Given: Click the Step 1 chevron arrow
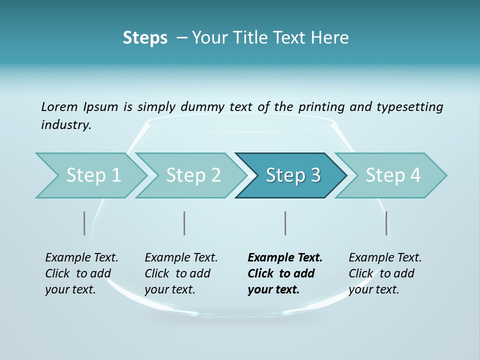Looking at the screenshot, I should [x=92, y=175].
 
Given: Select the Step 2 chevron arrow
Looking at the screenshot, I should [x=192, y=175].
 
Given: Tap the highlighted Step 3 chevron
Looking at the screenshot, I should [x=292, y=175].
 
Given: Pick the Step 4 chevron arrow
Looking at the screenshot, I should [x=392, y=175].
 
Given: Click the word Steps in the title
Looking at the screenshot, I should [x=145, y=38].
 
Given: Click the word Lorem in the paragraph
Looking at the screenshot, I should [x=59, y=106].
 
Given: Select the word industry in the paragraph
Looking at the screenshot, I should [x=65, y=124].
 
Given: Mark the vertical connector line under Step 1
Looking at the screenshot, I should [x=84, y=223].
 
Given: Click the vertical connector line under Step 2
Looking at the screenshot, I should [x=184, y=223].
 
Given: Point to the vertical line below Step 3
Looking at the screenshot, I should [x=285, y=223].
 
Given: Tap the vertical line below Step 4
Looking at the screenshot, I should [x=386, y=223].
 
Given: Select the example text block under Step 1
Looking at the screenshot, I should [x=81, y=273].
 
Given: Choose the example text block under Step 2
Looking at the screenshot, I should [x=181, y=273].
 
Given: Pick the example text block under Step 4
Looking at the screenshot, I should [x=385, y=273].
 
